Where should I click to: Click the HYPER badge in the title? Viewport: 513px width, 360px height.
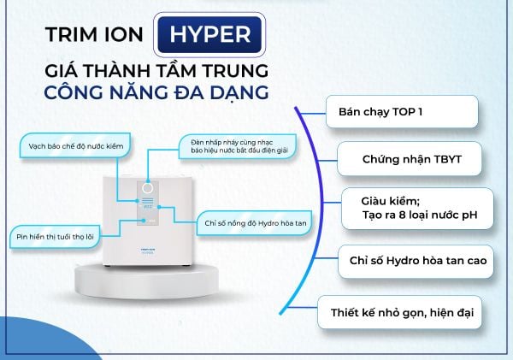209,35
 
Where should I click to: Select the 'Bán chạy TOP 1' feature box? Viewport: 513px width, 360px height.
402,112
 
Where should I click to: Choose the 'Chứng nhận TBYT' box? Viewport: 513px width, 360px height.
410,159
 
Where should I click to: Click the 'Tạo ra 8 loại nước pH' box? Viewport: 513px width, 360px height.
417,209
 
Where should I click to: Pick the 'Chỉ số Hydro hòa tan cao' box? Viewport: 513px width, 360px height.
416,261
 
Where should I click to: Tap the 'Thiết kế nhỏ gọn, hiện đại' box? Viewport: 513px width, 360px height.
400,312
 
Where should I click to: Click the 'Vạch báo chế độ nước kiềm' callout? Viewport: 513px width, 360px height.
75,146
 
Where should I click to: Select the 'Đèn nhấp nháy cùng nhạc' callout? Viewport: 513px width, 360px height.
238,146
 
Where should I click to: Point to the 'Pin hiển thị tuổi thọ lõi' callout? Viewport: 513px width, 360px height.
55,237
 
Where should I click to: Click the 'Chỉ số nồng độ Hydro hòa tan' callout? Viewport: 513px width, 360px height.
254,223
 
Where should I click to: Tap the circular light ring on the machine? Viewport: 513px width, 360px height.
148,189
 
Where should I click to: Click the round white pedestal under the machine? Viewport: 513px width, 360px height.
146,280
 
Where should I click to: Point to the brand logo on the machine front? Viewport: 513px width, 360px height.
148,251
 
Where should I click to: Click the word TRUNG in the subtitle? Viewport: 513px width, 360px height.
235,71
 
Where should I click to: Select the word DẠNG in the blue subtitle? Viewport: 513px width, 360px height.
239,93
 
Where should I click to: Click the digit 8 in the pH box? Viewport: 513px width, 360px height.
403,215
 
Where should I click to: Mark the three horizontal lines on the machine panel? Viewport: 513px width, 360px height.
148,201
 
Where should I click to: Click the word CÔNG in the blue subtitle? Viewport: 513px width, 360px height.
74,92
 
